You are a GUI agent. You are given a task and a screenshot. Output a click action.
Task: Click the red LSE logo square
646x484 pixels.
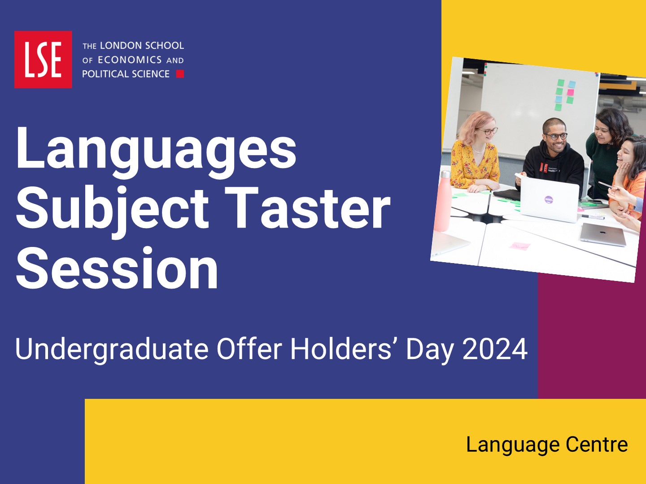(43, 59)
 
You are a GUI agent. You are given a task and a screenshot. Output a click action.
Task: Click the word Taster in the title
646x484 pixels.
(307, 207)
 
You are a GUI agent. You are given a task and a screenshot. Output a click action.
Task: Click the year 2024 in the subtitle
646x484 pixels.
(495, 349)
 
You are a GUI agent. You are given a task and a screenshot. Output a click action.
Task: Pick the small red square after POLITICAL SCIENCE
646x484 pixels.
(180, 74)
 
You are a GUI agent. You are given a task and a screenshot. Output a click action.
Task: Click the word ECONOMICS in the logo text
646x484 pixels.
(130, 60)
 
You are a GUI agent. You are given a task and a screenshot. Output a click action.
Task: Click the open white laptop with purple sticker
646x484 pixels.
(549, 200)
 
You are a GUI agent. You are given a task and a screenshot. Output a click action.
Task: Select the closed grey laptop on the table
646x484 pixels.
(603, 234)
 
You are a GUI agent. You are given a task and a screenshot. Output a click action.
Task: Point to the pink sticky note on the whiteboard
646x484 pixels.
(570, 92)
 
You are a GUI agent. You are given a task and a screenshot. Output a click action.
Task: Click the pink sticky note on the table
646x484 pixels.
(520, 246)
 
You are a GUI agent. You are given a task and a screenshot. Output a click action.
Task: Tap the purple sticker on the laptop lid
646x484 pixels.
(548, 200)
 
